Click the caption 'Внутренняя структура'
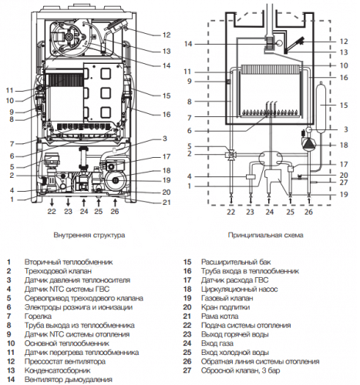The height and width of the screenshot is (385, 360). [89, 235]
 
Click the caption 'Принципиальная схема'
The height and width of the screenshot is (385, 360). [265, 235]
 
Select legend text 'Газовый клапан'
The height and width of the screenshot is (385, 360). [227, 298]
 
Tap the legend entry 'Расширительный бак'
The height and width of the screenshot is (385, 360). [236, 262]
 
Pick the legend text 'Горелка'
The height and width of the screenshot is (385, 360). [38, 316]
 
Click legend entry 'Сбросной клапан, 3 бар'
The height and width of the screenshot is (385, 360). [241, 370]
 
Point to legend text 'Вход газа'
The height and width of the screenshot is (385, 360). [217, 343]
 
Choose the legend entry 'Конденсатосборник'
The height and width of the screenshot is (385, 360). [57, 370]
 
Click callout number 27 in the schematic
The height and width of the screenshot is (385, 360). [344, 182]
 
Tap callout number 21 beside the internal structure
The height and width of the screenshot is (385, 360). [167, 203]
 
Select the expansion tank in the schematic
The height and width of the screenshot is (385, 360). [321, 107]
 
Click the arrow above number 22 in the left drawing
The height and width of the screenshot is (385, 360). [52, 203]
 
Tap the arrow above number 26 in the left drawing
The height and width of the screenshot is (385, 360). [115, 203]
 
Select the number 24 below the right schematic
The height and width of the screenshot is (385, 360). [270, 212]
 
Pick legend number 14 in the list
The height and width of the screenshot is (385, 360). [11, 380]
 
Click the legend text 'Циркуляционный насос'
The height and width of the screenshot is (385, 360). [239, 290]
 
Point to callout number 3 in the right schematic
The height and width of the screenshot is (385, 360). [346, 129]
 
